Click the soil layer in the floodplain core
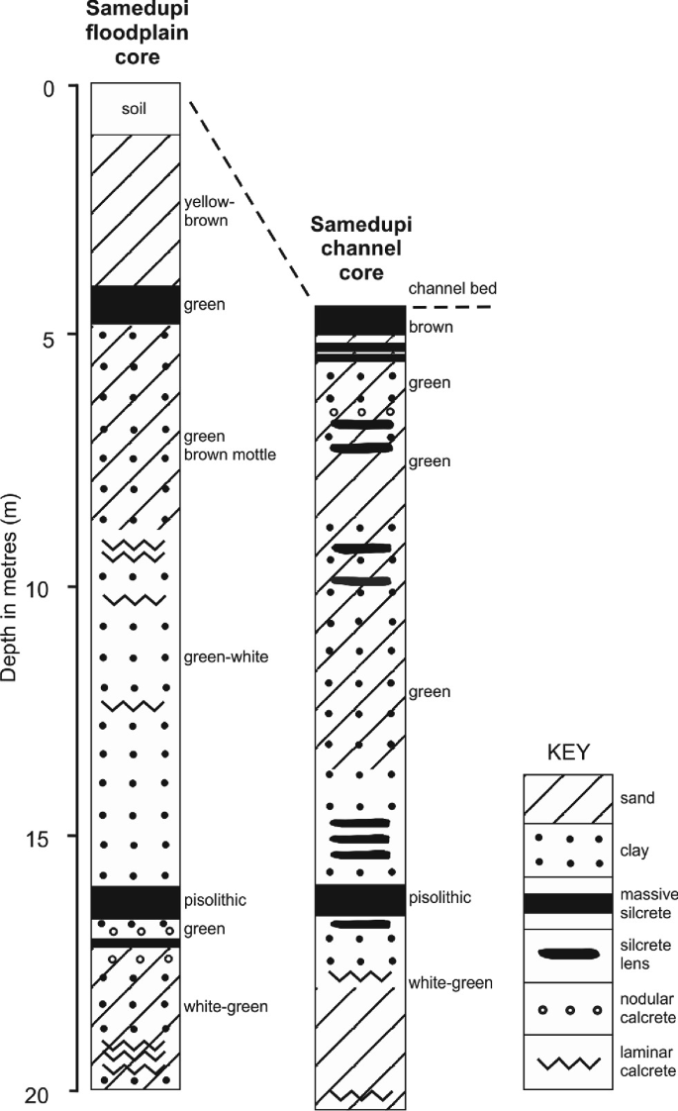tap(136, 109)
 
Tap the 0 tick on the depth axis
tap(48, 89)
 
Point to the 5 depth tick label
tap(48, 340)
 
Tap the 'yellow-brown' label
tap(206, 211)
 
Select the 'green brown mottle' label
tap(230, 445)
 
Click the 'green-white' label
tap(226, 656)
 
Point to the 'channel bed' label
tap(452, 288)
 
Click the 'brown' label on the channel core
tap(431, 328)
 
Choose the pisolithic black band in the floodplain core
tap(136, 902)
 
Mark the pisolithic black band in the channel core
tap(360, 900)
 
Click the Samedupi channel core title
tap(361, 249)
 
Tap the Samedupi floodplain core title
tap(138, 34)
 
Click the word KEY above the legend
tap(568, 752)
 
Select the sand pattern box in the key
tap(568, 798)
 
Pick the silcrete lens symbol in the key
tap(568, 954)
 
